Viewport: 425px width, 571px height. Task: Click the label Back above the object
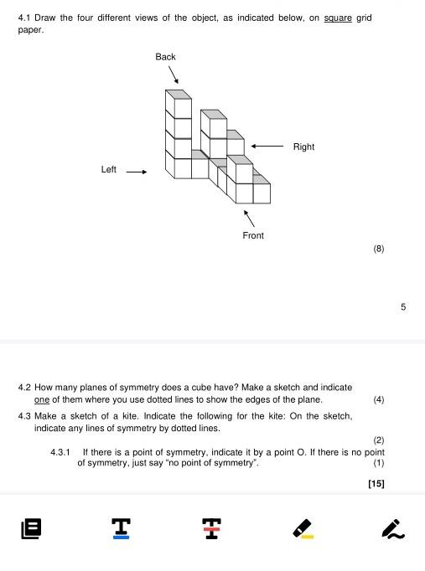[x=165, y=57]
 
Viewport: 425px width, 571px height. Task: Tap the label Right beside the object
[x=303, y=147]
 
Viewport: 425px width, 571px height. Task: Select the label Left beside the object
[x=109, y=170]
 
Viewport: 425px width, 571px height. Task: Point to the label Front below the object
[x=253, y=236]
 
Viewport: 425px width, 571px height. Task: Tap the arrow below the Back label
[x=172, y=76]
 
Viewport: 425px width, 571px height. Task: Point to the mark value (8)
[x=379, y=249]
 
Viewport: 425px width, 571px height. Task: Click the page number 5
[x=403, y=307]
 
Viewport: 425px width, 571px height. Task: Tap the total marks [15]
[x=376, y=483]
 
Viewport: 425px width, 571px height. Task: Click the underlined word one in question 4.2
[x=41, y=399]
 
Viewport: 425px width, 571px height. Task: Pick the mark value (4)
[x=379, y=399]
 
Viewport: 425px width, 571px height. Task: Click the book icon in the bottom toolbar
[x=32, y=528]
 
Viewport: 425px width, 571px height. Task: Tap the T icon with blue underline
[x=122, y=528]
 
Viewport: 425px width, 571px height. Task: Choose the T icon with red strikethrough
[x=211, y=528]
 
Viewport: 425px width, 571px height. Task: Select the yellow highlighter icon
[x=302, y=528]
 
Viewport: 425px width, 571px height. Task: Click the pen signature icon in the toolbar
[x=392, y=528]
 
